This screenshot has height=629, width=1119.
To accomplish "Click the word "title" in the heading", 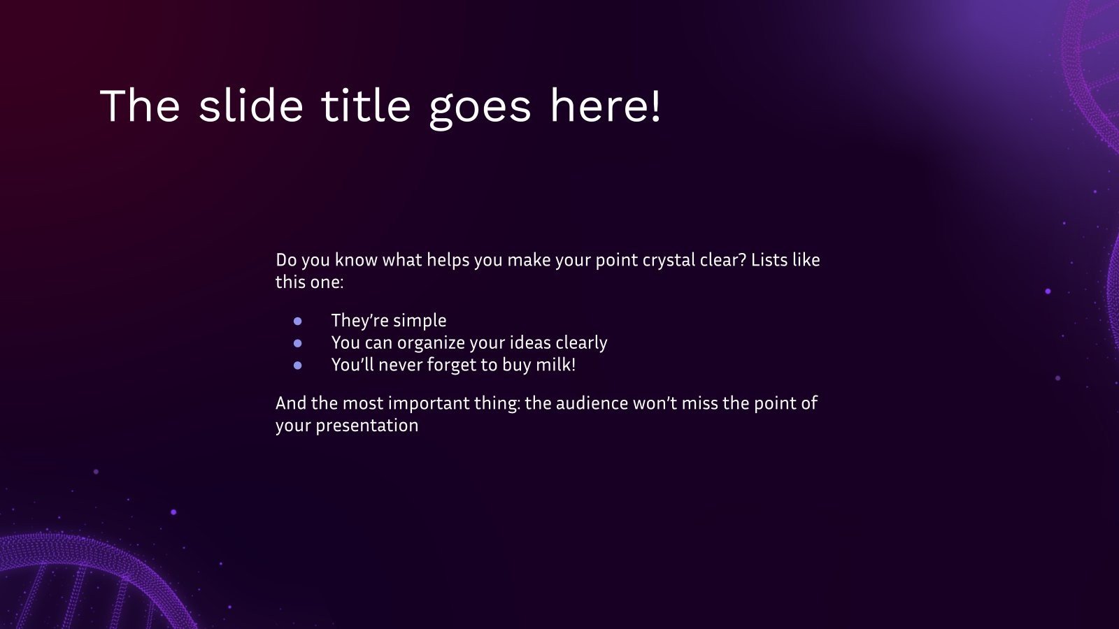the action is (x=366, y=106).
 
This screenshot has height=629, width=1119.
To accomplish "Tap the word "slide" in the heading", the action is (x=251, y=106).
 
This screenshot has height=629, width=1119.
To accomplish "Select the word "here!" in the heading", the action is (x=606, y=106).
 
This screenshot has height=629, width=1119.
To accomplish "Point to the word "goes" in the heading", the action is (x=480, y=109).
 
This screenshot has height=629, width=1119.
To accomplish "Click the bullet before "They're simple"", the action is (x=298, y=321).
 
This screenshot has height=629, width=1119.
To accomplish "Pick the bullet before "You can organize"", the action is (x=298, y=343).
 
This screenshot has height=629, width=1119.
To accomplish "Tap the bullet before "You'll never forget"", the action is (x=298, y=366).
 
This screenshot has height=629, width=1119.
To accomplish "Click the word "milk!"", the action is (x=555, y=364).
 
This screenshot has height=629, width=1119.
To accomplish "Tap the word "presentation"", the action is (x=367, y=426).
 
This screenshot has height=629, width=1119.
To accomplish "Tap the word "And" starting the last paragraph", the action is (x=291, y=403).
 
